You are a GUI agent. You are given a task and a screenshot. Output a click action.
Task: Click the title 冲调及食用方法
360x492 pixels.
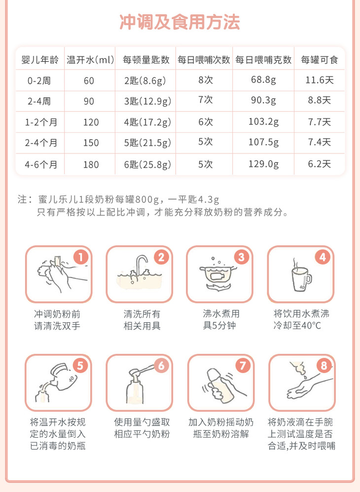point(180,22)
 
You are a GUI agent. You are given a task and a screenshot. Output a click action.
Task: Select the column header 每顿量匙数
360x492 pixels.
point(146,60)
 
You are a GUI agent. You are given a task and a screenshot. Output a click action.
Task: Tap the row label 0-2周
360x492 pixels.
point(39,80)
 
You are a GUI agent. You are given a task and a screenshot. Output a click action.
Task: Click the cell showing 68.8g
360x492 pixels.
point(263,80)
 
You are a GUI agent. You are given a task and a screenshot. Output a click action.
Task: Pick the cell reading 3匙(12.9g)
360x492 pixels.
point(148,101)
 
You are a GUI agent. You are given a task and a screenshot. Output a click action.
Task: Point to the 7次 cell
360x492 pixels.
point(206,100)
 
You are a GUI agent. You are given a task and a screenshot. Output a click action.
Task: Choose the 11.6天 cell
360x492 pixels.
point(319,80)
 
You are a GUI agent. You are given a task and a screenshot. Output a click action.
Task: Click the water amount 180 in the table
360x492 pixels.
point(91,164)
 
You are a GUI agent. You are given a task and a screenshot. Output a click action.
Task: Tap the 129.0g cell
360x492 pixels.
point(263,164)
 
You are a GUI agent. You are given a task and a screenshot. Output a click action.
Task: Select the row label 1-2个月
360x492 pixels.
point(41,122)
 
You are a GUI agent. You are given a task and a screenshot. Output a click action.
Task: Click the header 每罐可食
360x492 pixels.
point(319,60)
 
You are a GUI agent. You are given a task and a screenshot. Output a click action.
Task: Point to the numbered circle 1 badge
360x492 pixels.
point(81,257)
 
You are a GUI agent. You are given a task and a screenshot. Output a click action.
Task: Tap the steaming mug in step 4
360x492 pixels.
point(301,276)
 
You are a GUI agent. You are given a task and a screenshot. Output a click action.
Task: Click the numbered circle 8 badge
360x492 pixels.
point(324,366)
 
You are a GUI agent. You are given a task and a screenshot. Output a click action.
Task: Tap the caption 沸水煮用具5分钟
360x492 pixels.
point(221,319)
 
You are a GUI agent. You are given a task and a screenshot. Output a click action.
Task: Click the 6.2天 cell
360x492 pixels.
point(319,164)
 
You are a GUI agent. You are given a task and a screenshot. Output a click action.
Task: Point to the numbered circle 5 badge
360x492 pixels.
point(80,366)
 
